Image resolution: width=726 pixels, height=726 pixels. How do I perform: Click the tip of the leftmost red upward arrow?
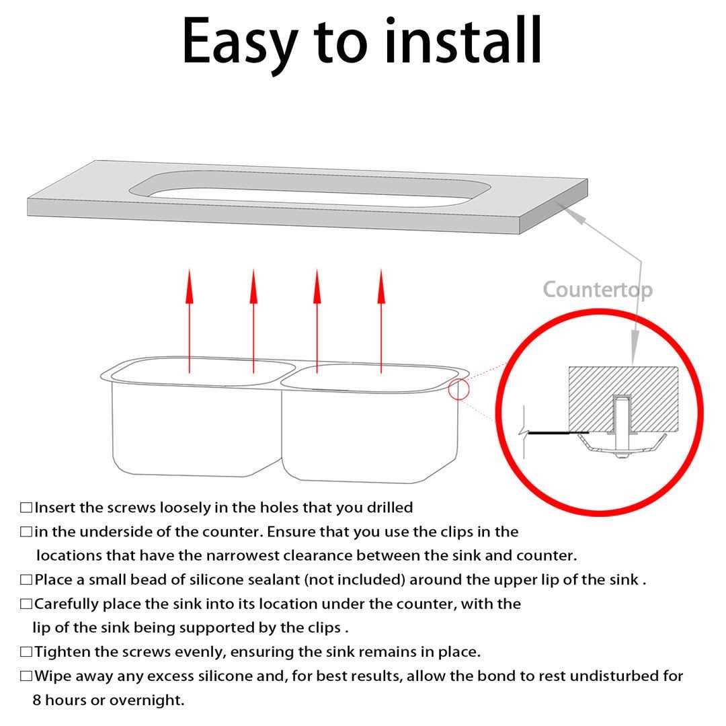(190, 270)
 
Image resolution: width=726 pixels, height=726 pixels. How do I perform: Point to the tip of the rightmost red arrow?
(381, 270)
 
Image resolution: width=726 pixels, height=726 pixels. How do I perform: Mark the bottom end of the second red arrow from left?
(253, 372)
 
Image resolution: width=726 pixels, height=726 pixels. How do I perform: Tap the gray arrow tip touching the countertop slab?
(563, 207)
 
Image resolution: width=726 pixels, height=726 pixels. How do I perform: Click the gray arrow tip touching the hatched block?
(634, 364)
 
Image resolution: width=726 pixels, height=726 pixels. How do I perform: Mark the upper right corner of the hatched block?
(678, 368)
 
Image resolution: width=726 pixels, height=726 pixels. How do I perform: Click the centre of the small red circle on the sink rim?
(458, 389)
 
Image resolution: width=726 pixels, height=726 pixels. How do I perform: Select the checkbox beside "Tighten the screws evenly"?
(26, 652)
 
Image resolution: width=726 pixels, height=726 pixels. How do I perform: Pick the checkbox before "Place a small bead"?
(26, 579)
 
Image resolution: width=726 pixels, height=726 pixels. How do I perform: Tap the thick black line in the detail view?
(559, 433)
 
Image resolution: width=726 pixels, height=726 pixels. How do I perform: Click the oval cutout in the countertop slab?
(310, 190)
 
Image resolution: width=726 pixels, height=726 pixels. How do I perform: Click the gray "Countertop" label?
(598, 290)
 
